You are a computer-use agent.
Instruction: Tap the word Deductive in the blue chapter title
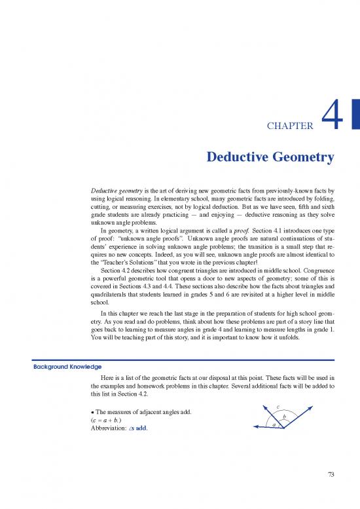pyautogui.click(x=236, y=158)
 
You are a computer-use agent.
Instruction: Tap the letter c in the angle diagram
pyautogui.click(x=279, y=407)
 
